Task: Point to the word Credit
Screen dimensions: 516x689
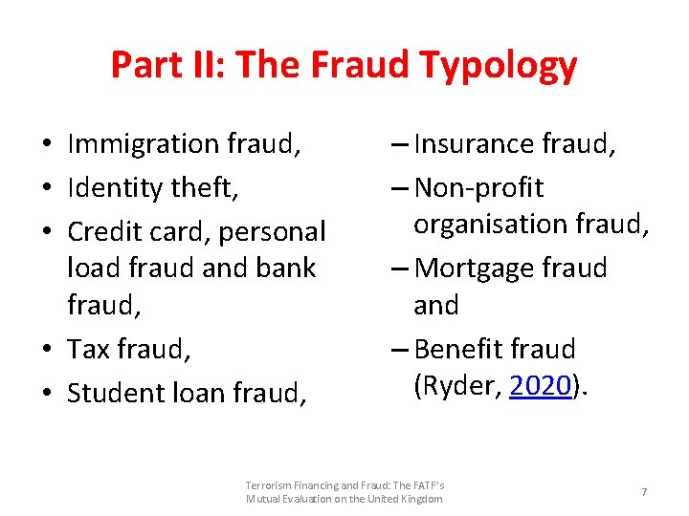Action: click(x=104, y=231)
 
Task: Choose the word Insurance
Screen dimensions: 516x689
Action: click(x=474, y=144)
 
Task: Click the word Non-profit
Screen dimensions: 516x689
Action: click(x=478, y=187)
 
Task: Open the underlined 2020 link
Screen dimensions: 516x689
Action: click(x=541, y=386)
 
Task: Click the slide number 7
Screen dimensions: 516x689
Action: click(x=644, y=492)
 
